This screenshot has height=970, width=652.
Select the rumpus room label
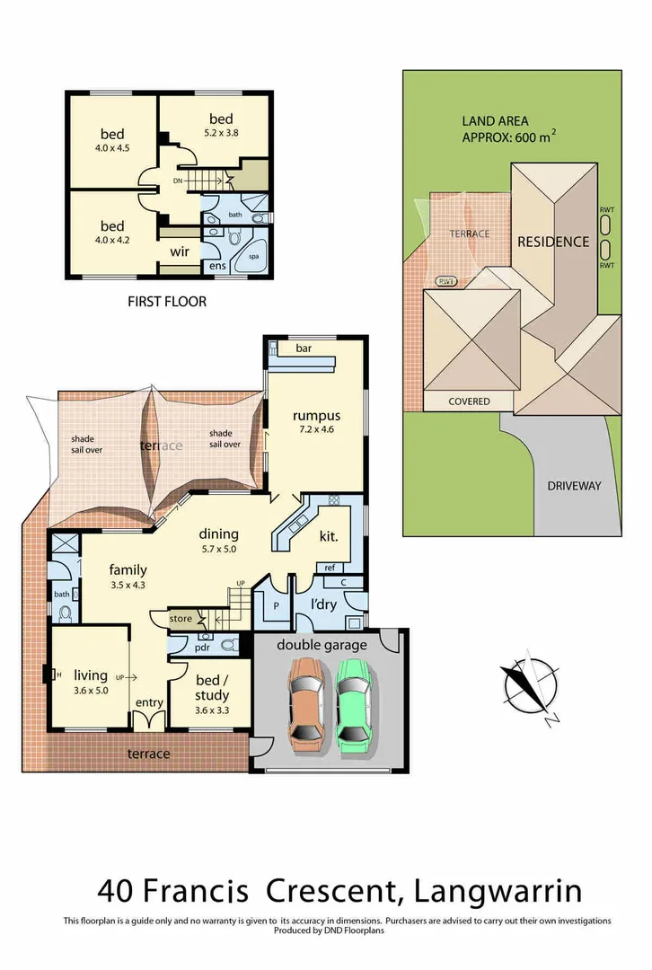[315, 416]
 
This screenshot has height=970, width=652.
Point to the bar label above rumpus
[304, 348]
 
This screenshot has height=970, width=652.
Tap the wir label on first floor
[180, 252]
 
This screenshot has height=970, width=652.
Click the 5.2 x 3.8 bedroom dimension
[221, 133]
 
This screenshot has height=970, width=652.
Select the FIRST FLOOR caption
[167, 302]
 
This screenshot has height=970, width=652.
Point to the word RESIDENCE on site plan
[552, 242]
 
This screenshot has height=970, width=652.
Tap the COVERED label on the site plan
[469, 401]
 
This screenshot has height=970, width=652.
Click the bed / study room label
[212, 689]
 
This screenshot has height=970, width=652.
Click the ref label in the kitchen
[330, 568]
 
